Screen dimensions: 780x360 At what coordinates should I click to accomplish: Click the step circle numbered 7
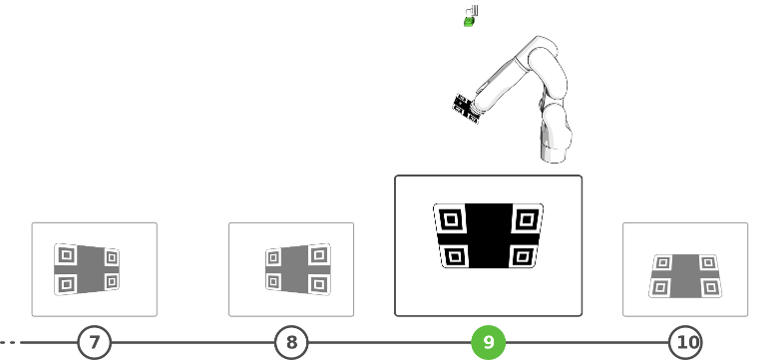pyautogui.click(x=95, y=342)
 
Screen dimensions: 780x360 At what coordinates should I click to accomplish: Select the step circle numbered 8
pyautogui.click(x=291, y=342)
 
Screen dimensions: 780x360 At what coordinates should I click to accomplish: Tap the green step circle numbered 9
pyautogui.click(x=489, y=342)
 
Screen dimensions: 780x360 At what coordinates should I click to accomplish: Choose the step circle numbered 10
pyautogui.click(x=685, y=342)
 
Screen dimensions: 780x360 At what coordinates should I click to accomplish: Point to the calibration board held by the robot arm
pyautogui.click(x=465, y=109)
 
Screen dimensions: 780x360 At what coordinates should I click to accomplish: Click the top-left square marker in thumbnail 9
pyautogui.click(x=451, y=219)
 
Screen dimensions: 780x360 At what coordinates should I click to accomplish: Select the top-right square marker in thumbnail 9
pyautogui.click(x=527, y=218)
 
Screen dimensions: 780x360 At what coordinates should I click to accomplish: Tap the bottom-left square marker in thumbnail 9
pyautogui.click(x=455, y=256)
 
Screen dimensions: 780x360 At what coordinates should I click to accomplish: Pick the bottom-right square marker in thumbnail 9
pyautogui.click(x=523, y=256)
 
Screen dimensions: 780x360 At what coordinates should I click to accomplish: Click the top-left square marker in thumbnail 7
pyautogui.click(x=67, y=255)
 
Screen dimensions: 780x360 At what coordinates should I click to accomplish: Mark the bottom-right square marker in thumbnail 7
pyautogui.click(x=112, y=281)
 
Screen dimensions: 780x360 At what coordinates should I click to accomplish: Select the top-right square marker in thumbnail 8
pyautogui.click(x=319, y=255)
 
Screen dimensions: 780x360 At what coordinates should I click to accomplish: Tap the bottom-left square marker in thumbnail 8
pyautogui.click(x=273, y=282)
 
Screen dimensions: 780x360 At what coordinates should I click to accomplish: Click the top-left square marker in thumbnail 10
pyautogui.click(x=663, y=262)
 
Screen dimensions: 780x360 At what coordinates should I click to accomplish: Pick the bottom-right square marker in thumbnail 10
pyautogui.click(x=711, y=287)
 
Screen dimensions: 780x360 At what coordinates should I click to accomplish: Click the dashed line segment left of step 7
pyautogui.click(x=10, y=342)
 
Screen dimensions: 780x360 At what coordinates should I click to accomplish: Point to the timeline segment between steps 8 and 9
pyautogui.click(x=390, y=342)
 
